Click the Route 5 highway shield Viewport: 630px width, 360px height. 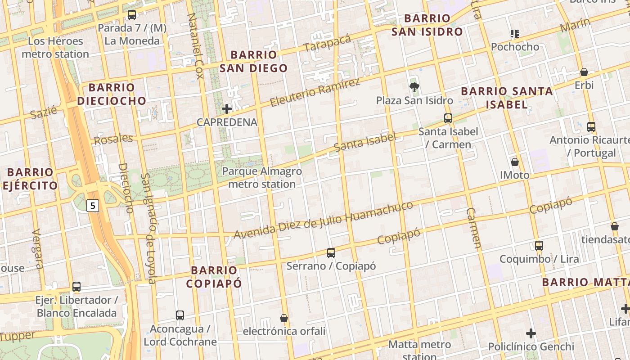92,206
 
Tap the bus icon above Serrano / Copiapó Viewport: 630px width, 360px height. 331,252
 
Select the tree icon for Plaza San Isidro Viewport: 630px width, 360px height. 414,87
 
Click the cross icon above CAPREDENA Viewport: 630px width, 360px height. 227,108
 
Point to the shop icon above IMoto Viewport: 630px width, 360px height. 515,162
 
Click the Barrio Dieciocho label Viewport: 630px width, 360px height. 112,94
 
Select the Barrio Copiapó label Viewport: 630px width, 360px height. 214,277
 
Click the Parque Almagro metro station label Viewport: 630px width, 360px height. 262,178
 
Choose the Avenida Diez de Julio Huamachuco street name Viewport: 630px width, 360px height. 323,220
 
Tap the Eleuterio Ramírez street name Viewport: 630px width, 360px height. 315,93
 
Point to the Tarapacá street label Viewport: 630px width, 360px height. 327,43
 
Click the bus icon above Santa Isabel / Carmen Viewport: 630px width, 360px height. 448,118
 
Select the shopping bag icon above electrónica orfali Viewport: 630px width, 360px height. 284,318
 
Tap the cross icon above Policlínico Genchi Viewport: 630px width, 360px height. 531,333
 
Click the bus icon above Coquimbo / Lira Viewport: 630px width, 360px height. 539,245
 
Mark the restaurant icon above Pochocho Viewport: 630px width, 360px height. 515,33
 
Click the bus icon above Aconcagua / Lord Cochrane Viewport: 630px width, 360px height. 180,315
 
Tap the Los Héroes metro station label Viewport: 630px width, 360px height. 55,48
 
